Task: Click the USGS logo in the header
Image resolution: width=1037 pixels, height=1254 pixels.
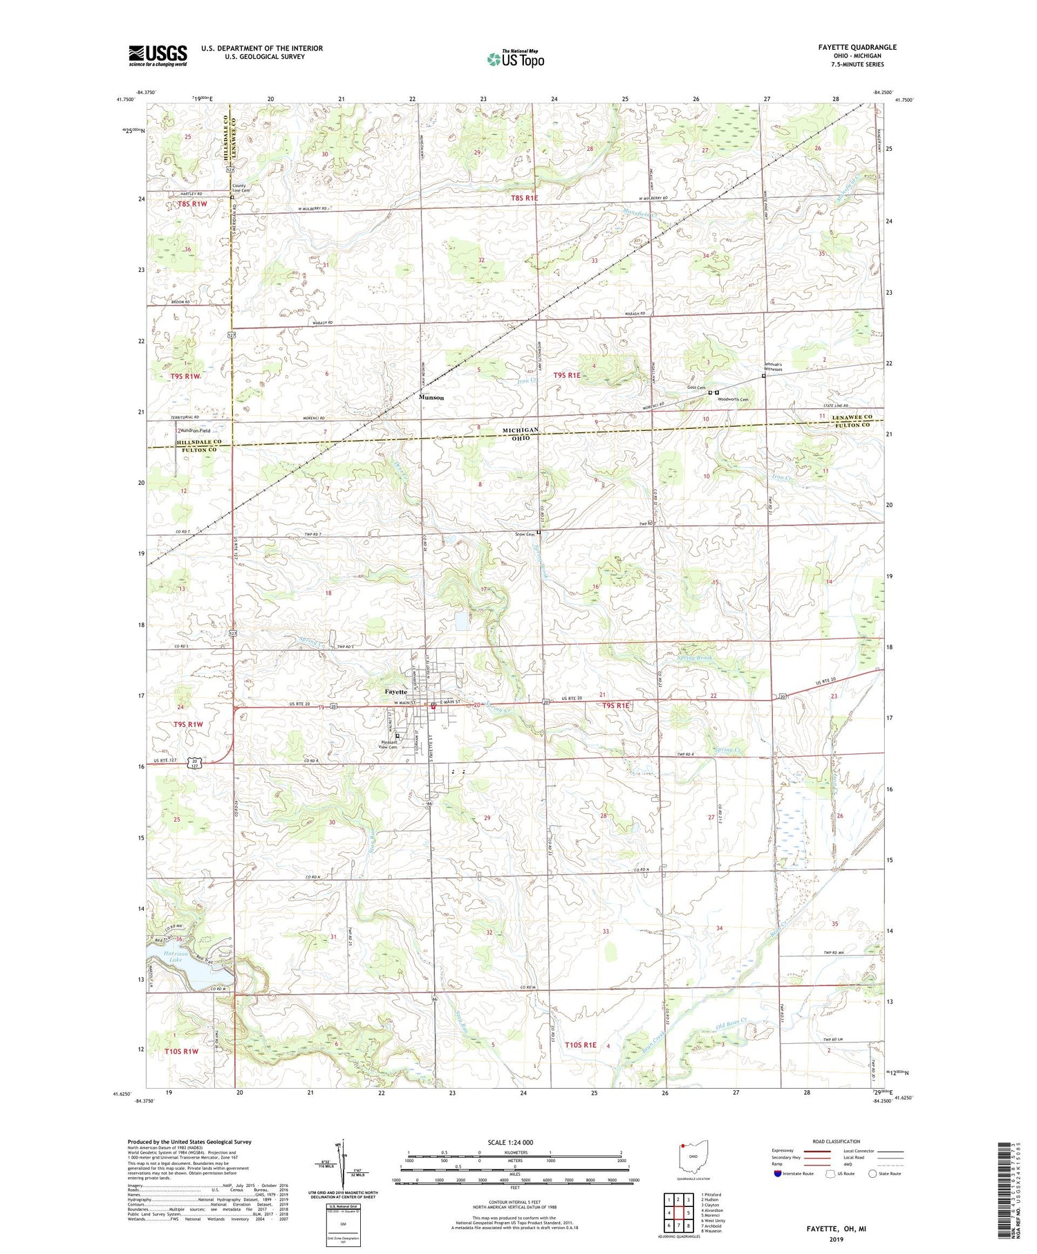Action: point(158,55)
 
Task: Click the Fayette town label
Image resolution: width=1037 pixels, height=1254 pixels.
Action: point(396,691)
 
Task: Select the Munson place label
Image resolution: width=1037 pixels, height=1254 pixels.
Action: point(431,398)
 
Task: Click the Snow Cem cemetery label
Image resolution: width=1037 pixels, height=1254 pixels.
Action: point(525,534)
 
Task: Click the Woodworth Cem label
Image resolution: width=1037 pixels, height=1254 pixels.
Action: point(733,399)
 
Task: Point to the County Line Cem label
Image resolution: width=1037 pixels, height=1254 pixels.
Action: point(239,188)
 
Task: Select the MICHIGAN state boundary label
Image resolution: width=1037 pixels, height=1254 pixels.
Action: point(521,430)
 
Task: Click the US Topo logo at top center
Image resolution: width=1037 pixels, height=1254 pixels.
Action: point(515,59)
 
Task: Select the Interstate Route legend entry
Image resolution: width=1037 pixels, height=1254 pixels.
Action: point(796,1173)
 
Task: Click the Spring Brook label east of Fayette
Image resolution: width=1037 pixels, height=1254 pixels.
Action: point(694,658)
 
